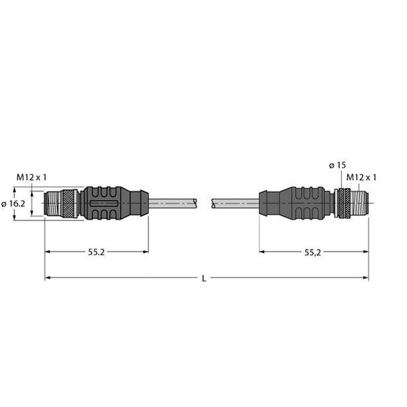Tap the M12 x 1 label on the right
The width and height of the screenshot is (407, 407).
362,177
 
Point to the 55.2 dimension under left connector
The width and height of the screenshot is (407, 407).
96,252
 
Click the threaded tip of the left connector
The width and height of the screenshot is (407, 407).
53,203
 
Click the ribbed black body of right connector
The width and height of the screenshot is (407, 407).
298,202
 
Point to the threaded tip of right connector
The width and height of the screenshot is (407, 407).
360,202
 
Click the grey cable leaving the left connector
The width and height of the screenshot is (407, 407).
173,202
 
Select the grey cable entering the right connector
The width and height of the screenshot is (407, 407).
234,202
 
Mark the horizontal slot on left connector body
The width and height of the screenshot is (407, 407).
104,203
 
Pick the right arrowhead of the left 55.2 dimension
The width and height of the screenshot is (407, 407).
145,252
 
